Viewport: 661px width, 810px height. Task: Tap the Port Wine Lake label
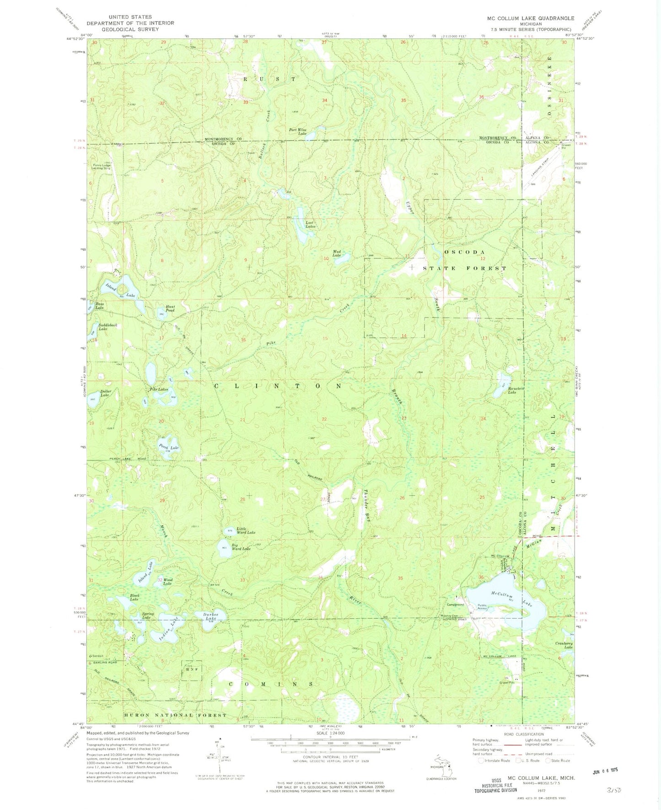pos(297,132)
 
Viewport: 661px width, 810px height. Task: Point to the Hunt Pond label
pos(170,308)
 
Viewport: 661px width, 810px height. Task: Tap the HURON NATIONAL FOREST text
pos(175,715)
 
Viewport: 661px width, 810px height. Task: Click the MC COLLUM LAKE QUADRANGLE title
pos(530,18)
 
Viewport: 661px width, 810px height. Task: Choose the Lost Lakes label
pos(310,225)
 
